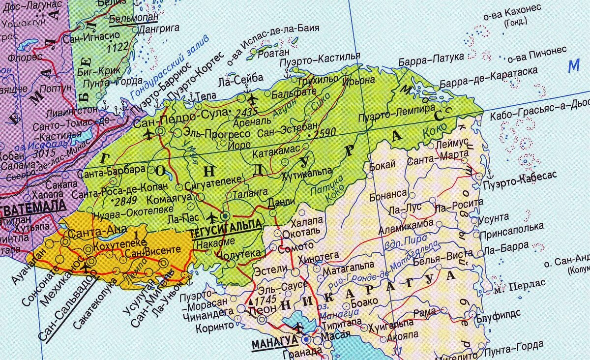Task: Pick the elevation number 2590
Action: [x=324, y=132]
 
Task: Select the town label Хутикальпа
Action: [x=306, y=176]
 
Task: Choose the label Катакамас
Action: [x=276, y=154]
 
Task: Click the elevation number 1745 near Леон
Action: [x=264, y=300]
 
